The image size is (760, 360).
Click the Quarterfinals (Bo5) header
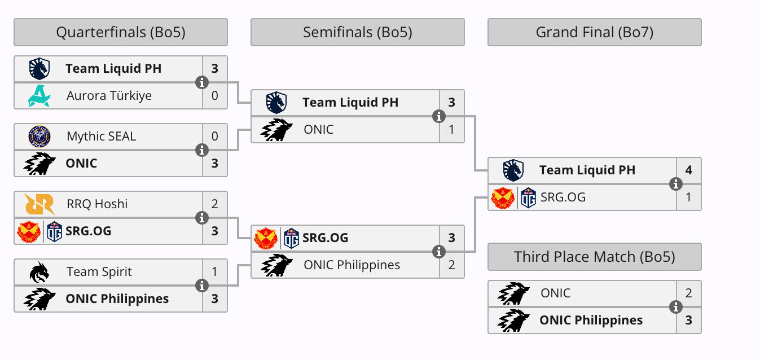(x=120, y=32)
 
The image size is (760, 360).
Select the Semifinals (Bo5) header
(x=357, y=32)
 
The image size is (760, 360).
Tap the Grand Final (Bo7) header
(x=594, y=32)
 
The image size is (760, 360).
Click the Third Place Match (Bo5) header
(x=594, y=257)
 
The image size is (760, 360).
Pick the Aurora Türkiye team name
(x=109, y=95)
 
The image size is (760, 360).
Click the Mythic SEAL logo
(x=39, y=136)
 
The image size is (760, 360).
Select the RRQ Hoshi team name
(x=97, y=204)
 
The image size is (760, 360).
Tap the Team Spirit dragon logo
(x=39, y=271)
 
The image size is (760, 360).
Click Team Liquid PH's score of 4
(x=689, y=170)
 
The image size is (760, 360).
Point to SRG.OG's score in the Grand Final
(x=689, y=197)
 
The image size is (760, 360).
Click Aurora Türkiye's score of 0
(x=215, y=95)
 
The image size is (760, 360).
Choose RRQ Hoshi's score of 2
(x=215, y=204)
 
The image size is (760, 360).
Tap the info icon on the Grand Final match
(x=675, y=184)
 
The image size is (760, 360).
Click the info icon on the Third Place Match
(x=675, y=307)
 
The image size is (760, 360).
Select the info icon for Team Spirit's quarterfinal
(x=201, y=286)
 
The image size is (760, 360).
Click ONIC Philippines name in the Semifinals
(x=352, y=265)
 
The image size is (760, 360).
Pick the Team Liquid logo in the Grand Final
(x=513, y=170)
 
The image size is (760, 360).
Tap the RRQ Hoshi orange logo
(x=39, y=204)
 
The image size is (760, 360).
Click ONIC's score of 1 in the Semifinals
(x=452, y=129)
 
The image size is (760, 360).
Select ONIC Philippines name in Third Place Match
(x=591, y=320)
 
